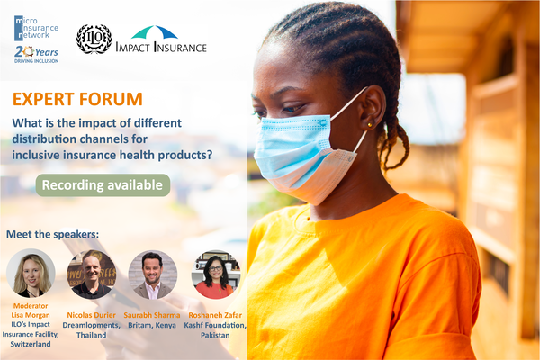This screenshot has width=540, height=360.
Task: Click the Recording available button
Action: (x=103, y=185)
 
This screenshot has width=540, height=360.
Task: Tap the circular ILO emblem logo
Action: (x=94, y=39)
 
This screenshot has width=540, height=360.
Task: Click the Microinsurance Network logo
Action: (x=36, y=28)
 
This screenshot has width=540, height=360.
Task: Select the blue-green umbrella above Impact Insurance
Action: (x=155, y=32)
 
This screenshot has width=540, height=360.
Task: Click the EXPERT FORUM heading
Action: (x=77, y=99)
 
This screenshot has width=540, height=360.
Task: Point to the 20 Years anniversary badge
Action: (x=36, y=54)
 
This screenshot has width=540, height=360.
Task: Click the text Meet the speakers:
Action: (x=53, y=234)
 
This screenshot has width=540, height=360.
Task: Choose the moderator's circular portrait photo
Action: (x=31, y=274)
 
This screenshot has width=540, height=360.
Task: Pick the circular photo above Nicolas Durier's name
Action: (x=92, y=274)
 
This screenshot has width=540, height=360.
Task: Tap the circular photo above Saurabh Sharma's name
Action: (x=153, y=274)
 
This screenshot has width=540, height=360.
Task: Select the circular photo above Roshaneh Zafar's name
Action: (x=216, y=274)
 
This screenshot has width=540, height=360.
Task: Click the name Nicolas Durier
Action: (x=91, y=315)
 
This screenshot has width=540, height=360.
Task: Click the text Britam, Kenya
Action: (x=152, y=325)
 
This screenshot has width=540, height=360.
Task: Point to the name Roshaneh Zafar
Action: (x=215, y=315)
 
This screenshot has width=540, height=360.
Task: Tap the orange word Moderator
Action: (x=31, y=306)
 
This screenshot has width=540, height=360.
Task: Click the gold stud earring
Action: (x=370, y=125)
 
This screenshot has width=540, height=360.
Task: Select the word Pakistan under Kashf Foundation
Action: (x=215, y=335)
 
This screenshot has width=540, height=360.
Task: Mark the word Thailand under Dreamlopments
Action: (x=91, y=335)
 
